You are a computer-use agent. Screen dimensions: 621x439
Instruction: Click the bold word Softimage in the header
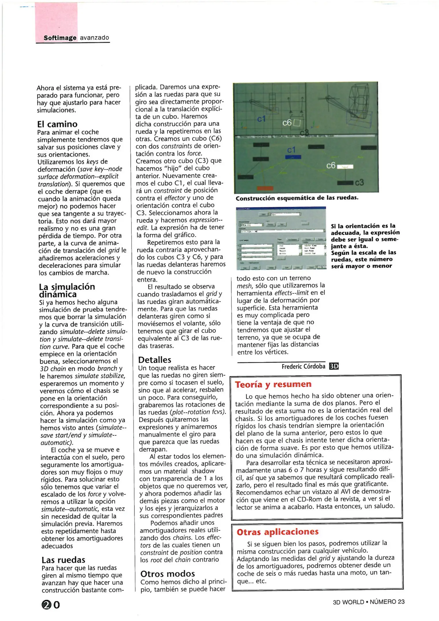(x=60, y=38)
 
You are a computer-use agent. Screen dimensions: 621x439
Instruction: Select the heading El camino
(x=57, y=124)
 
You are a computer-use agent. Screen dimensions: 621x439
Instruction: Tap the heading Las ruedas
(x=63, y=560)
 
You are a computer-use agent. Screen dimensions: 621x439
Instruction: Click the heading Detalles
(x=154, y=360)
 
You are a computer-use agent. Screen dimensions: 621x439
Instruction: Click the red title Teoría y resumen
(x=273, y=384)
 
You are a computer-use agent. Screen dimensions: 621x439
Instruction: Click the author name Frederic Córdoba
(x=303, y=366)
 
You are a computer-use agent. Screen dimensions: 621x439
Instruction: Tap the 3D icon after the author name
(x=333, y=366)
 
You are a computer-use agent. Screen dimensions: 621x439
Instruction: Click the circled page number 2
(x=46, y=605)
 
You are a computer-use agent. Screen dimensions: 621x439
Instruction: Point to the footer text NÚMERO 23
(x=387, y=602)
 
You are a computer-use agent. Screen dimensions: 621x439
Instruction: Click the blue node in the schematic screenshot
(x=293, y=157)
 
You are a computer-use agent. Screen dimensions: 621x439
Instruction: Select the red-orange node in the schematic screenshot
(x=265, y=188)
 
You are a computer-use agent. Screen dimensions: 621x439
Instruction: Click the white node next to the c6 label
(x=345, y=166)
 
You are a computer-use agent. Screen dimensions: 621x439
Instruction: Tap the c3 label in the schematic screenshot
(x=359, y=183)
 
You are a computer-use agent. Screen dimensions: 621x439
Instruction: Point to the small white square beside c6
(x=297, y=123)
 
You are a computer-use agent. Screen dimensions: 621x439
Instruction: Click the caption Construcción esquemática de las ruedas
(x=297, y=198)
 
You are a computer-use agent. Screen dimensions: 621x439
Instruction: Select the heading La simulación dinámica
(x=67, y=290)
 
